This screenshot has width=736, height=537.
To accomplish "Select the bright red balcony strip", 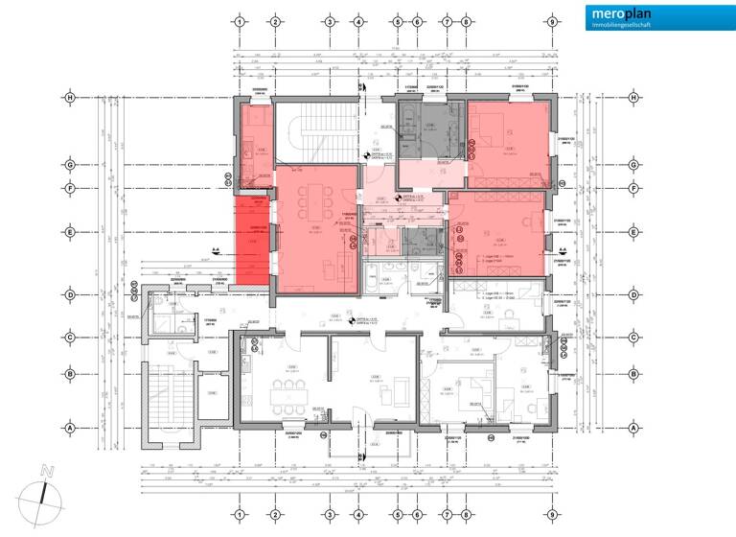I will pos(253,241).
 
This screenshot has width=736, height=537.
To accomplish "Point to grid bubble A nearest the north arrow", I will pos(70,428).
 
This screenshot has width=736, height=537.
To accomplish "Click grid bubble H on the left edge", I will pos(70,97).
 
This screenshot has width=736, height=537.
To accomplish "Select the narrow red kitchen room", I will pos(255,144).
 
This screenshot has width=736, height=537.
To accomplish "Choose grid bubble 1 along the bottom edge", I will pos(240,514).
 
